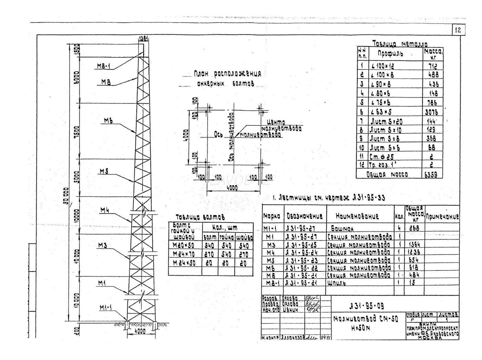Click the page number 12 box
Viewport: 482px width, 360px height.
point(458,30)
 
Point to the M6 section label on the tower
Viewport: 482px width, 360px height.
point(109,121)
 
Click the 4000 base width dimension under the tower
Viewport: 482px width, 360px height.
point(139,331)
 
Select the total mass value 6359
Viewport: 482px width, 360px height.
point(431,175)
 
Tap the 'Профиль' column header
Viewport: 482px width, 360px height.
point(390,54)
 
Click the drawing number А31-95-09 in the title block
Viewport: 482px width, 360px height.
point(366,306)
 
